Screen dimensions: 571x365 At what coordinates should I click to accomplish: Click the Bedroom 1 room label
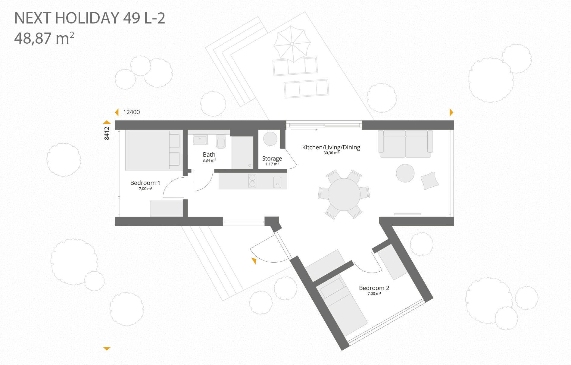click(x=145, y=183)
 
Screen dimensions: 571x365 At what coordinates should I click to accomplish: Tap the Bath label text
click(x=209, y=154)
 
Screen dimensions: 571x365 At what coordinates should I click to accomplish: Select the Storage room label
click(x=272, y=158)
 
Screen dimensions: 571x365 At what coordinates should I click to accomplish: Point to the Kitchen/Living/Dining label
click(x=331, y=147)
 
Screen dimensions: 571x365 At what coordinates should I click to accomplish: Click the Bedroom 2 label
click(x=374, y=288)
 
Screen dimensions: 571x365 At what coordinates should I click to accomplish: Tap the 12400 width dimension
click(x=131, y=112)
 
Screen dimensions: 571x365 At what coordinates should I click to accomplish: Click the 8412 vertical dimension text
click(x=107, y=133)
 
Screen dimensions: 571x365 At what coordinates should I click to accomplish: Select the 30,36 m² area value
click(x=331, y=153)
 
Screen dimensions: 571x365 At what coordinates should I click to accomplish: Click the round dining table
click(x=344, y=194)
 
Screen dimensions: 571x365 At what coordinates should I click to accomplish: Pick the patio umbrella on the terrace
click(x=292, y=44)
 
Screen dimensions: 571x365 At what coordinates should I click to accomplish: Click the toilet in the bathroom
click(x=221, y=141)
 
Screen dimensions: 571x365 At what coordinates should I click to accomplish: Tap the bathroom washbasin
click(x=200, y=140)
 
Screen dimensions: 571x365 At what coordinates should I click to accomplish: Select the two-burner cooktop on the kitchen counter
click(x=252, y=181)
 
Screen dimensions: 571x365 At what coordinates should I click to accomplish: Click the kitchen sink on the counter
click(x=277, y=182)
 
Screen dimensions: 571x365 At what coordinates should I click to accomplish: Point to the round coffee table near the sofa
click(x=405, y=173)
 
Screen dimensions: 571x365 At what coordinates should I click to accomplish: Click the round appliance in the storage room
click(x=270, y=139)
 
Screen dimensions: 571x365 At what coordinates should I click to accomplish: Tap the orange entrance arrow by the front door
click(x=254, y=261)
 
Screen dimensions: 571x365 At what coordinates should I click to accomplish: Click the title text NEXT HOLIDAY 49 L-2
click(x=90, y=18)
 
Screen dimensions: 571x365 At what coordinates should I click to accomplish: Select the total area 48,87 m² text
click(x=44, y=38)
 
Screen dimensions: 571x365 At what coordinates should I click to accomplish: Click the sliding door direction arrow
click(x=304, y=130)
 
